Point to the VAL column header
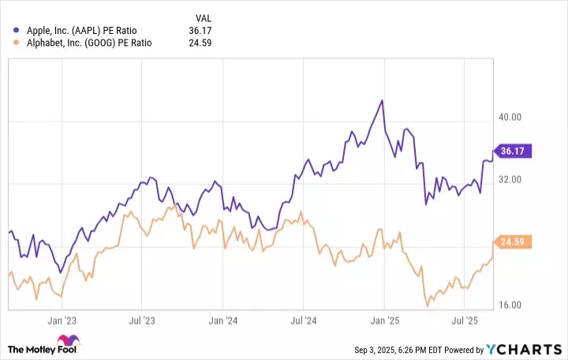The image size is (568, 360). (204, 17)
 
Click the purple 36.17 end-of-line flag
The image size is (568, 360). (514, 150)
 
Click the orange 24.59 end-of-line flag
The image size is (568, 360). (514, 242)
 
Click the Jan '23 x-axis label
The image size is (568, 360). (61, 321)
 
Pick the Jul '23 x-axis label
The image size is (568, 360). (141, 321)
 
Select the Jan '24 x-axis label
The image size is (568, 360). (223, 321)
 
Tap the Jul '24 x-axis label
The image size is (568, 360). (304, 321)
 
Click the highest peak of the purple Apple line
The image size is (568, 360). (382, 101)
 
